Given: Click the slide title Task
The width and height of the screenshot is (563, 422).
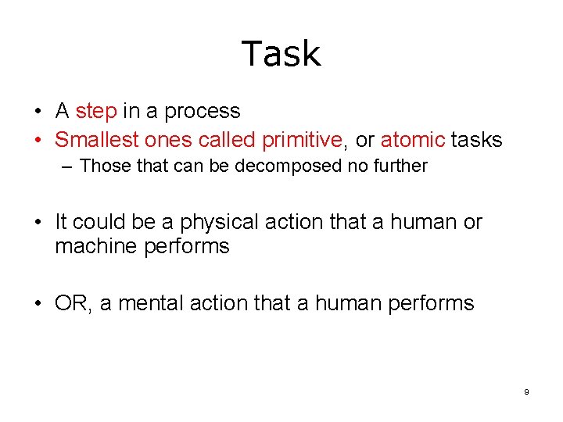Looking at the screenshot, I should [x=281, y=54].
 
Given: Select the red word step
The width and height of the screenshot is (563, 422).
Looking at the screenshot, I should [x=96, y=111].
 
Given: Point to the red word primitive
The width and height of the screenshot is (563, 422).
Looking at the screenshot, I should [x=301, y=141].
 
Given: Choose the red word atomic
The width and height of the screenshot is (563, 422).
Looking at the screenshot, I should [x=413, y=140].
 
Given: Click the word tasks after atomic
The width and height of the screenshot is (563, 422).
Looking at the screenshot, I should [x=476, y=140].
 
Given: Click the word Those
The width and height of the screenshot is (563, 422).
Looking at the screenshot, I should [x=102, y=166].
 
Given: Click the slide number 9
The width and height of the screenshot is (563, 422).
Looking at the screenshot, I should [x=526, y=392].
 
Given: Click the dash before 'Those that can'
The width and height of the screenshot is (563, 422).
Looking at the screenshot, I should [x=69, y=166].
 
